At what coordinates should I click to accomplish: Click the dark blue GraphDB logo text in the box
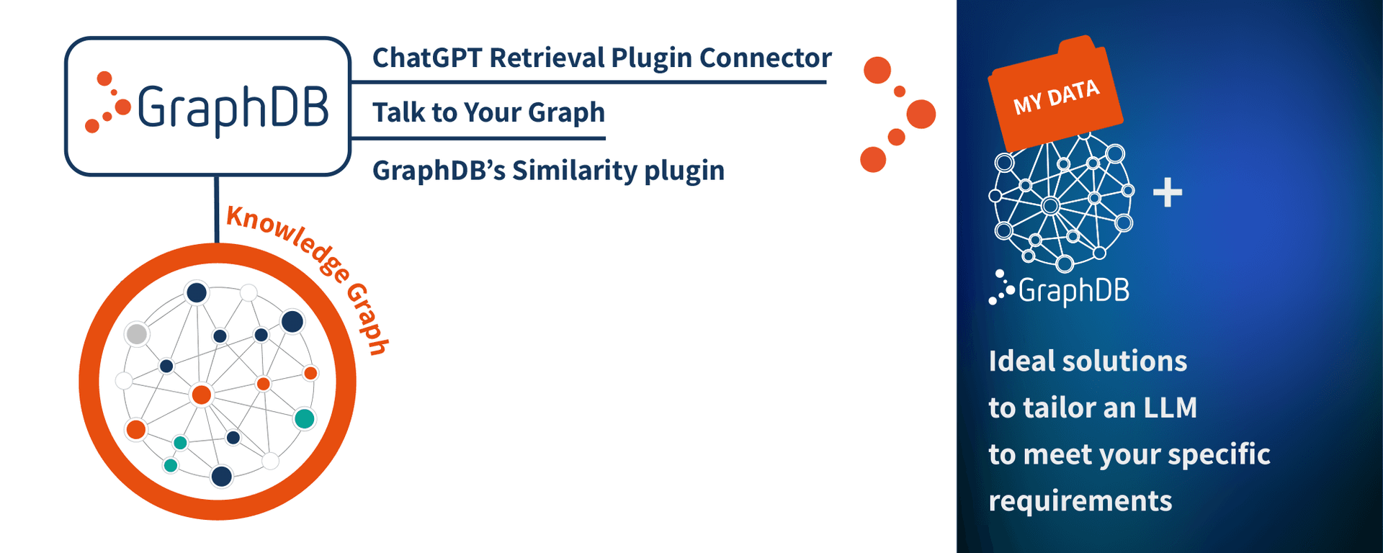232,108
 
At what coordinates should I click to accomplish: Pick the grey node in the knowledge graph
137,334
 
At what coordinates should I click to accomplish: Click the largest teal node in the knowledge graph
305,418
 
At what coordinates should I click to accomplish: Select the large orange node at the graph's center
202,395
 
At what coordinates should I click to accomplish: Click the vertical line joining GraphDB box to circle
216,210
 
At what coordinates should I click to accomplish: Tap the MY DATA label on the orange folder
1057,97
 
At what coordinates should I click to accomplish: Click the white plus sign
1168,193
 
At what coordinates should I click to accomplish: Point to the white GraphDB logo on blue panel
1059,289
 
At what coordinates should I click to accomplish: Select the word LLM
1171,408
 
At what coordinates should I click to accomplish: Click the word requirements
1080,501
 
